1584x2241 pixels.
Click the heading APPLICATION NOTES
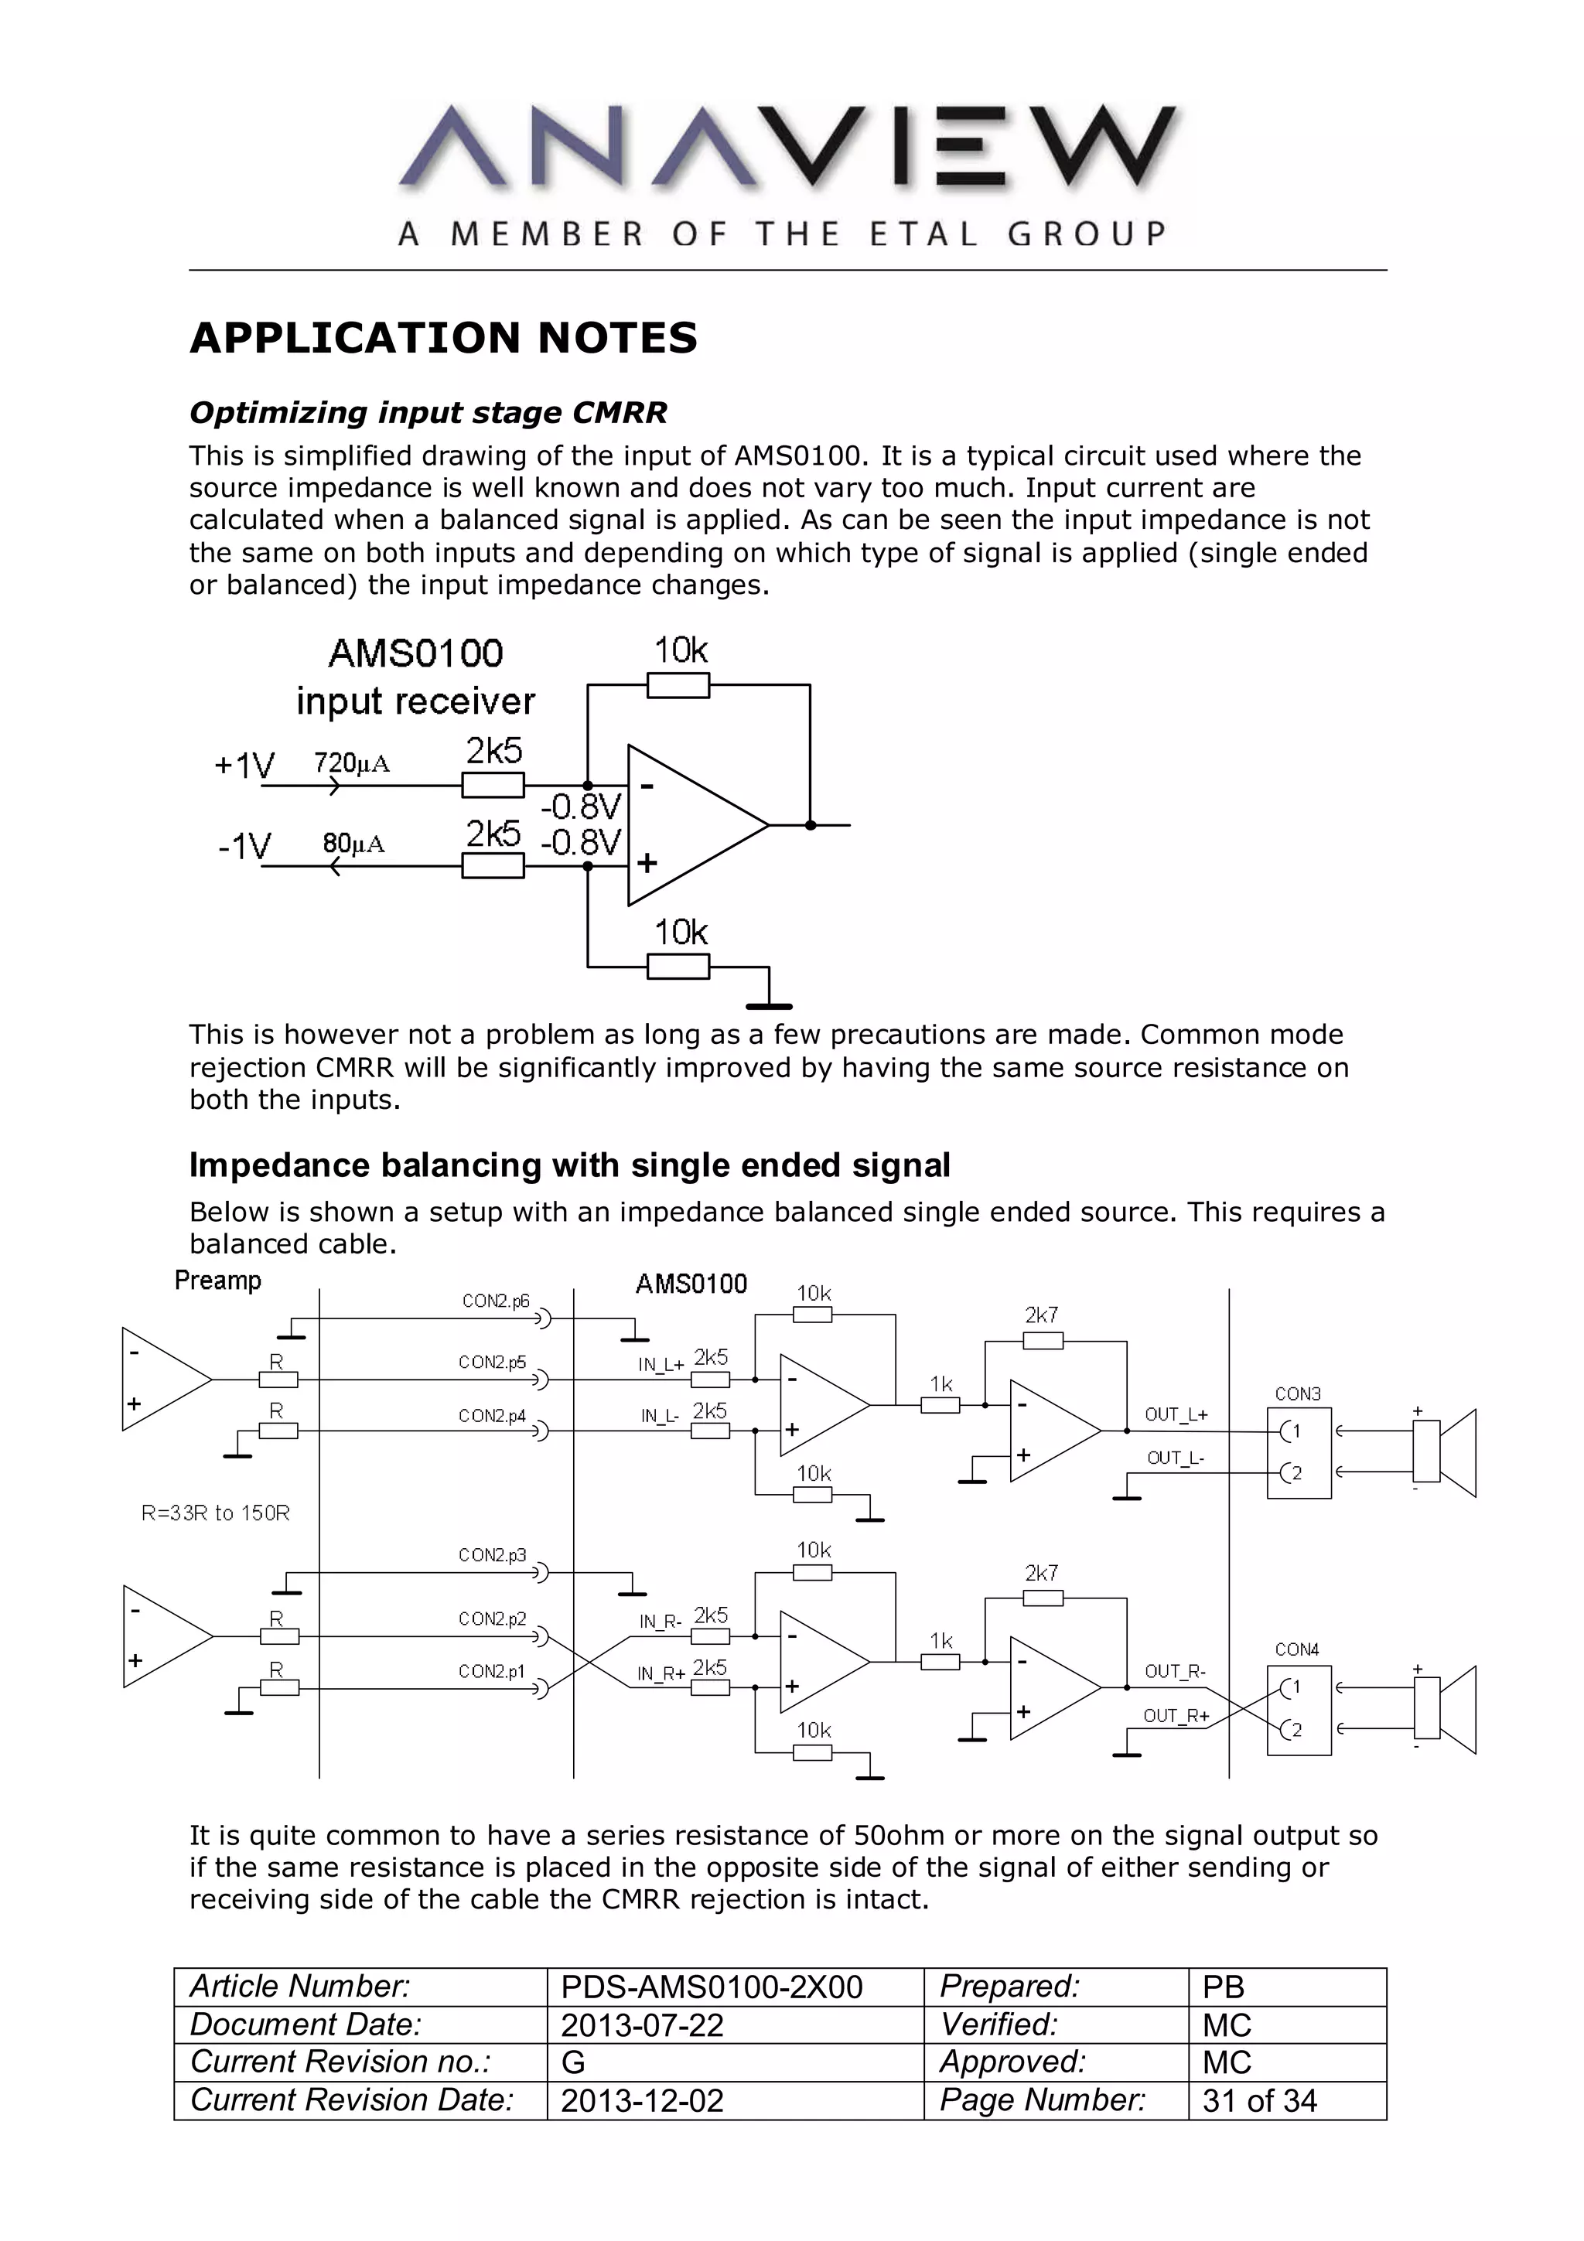[444, 338]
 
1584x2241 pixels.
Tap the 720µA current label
[351, 762]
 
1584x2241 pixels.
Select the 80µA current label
[353, 844]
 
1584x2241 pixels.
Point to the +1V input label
[244, 766]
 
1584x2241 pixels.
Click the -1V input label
[244, 845]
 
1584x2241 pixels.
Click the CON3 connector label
[1297, 1393]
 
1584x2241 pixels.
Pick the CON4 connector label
[1297, 1649]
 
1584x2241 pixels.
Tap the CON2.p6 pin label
[495, 1301]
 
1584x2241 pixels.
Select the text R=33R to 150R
[216, 1513]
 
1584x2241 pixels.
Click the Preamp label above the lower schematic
[217, 1281]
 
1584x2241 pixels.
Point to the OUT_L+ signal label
[1176, 1414]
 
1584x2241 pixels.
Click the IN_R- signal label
[659, 1622]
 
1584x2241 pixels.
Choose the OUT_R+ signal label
[1176, 1715]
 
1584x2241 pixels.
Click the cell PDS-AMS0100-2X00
[712, 1987]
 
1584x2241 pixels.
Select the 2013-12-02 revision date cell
[642, 2100]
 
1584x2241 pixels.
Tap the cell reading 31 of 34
[1259, 2100]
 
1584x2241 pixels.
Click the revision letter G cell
[574, 2062]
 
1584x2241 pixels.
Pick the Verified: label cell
[999, 2024]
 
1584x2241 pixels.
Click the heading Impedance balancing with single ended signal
[569, 1165]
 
